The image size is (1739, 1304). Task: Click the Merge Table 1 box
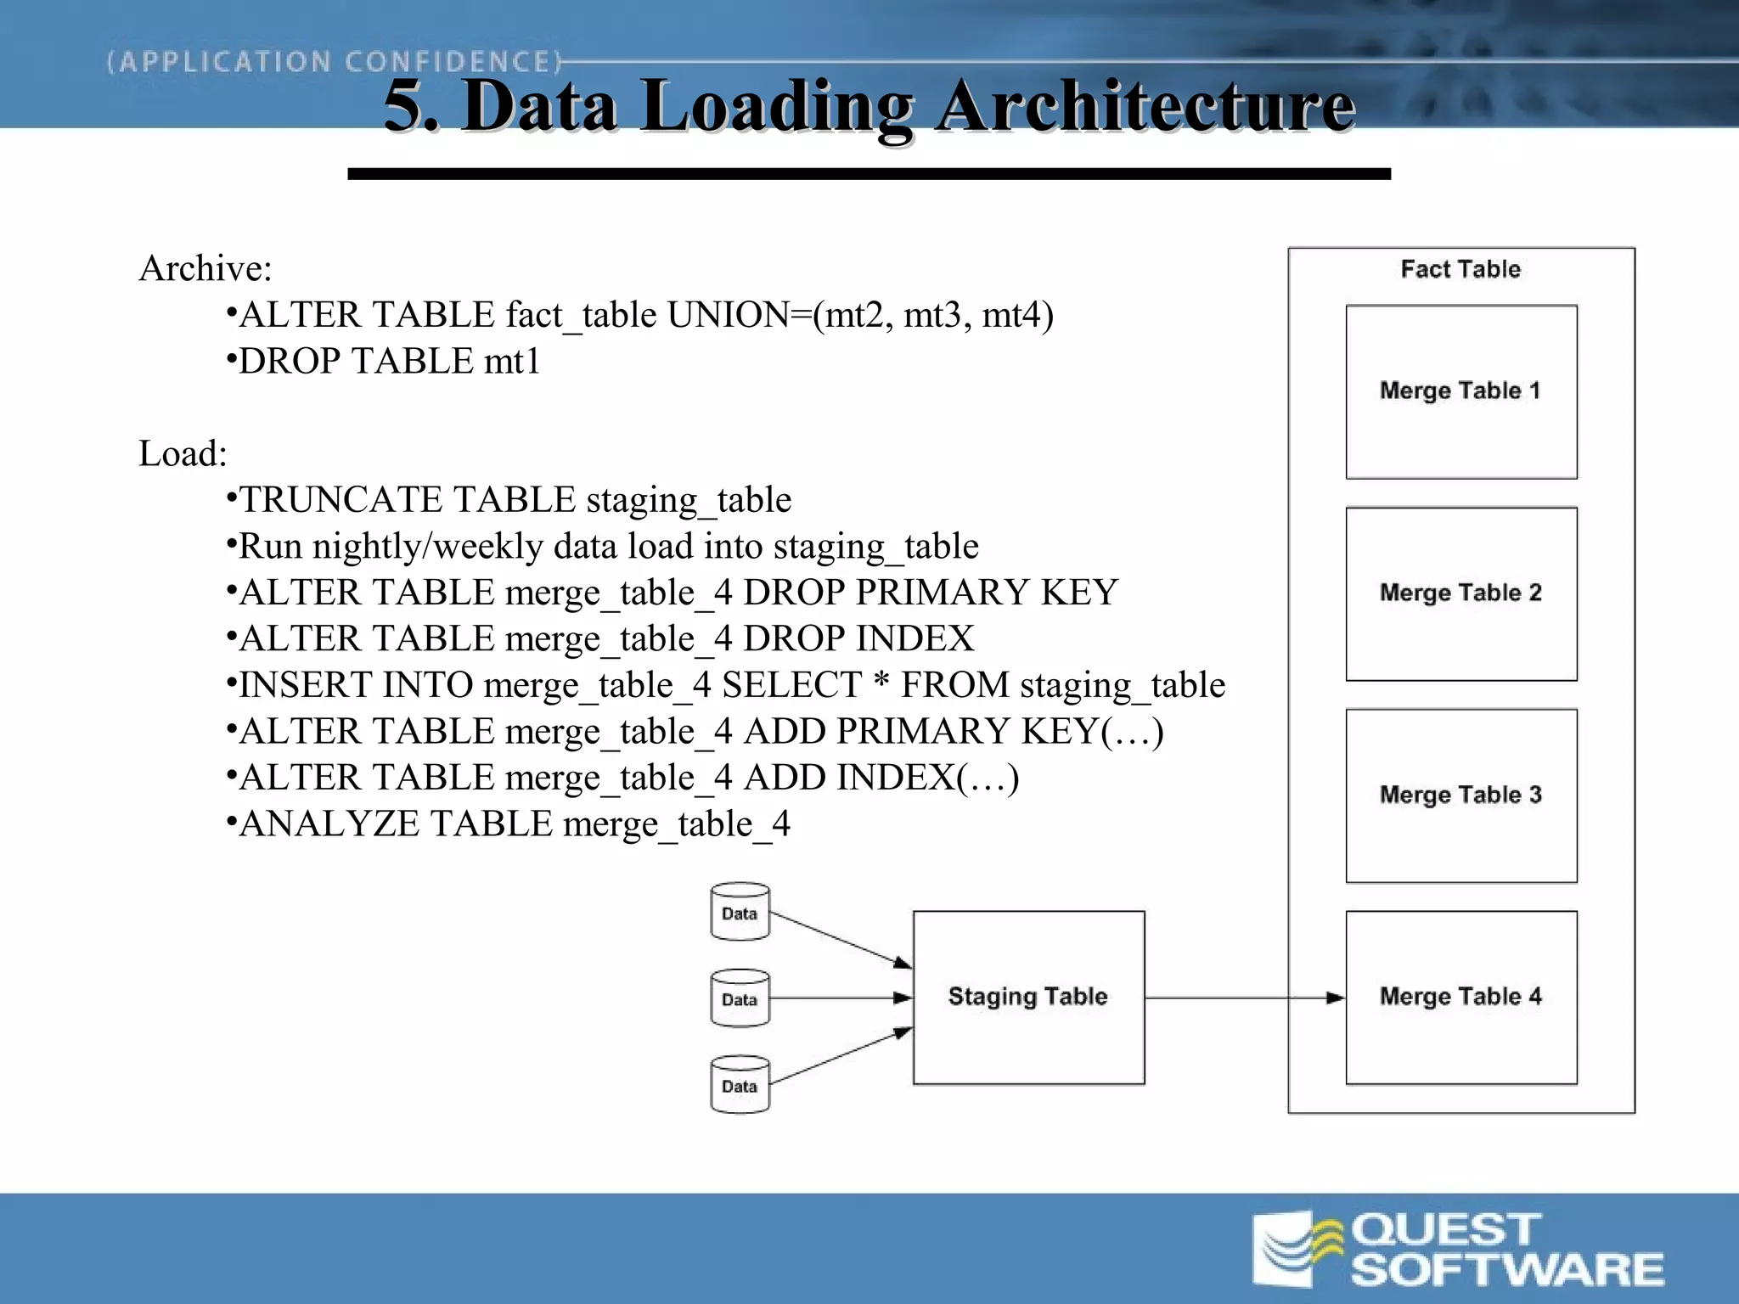point(1460,392)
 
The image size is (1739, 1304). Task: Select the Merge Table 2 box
point(1460,594)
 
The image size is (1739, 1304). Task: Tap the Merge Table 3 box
point(1460,795)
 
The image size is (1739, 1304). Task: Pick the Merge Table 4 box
point(1460,998)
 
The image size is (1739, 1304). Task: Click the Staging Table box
point(1028,998)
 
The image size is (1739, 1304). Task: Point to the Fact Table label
point(1460,269)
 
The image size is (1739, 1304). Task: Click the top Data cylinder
point(740,913)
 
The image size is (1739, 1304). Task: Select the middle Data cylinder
point(740,998)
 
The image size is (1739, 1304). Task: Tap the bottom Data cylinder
point(740,1085)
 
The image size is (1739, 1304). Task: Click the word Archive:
point(205,269)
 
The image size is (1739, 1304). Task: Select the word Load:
point(183,454)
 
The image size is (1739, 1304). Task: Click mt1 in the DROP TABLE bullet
point(512,362)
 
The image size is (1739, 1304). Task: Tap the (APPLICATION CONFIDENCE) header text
point(335,62)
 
